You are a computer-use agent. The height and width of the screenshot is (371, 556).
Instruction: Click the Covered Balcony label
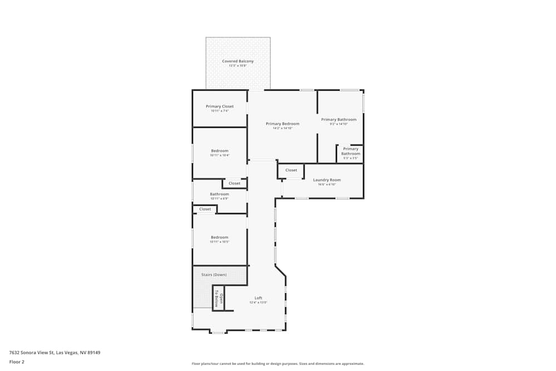[238, 61]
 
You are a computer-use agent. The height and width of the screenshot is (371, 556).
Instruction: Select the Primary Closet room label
[220, 106]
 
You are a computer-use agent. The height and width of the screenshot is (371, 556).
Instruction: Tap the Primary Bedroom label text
[282, 123]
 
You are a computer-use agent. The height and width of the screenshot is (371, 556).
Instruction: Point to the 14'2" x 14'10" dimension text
[282, 128]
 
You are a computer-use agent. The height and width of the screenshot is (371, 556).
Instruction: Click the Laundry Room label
[327, 180]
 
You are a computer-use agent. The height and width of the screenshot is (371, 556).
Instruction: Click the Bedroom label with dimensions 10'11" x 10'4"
[220, 151]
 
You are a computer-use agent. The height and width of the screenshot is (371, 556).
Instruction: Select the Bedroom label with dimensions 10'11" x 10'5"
[220, 238]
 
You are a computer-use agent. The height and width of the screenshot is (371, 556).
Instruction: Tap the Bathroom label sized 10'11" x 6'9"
[220, 194]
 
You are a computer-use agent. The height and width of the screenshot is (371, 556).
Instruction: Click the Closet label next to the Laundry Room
[291, 170]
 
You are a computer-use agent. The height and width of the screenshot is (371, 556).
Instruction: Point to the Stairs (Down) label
[214, 274]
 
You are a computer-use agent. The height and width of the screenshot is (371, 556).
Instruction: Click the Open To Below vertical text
[219, 300]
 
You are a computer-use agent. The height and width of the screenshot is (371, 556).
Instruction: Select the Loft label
[259, 298]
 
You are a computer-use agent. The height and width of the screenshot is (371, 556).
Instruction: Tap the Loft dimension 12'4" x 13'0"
[259, 303]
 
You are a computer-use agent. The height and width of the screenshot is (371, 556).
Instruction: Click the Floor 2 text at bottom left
[17, 362]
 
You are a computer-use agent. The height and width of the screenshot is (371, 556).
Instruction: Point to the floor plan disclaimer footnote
[278, 364]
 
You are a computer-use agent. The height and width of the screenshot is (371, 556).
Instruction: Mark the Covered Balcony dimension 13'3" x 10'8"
[238, 66]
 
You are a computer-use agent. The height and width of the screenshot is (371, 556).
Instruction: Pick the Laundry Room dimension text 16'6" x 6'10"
[327, 184]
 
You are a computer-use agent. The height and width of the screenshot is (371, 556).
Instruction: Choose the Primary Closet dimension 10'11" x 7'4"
[220, 111]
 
